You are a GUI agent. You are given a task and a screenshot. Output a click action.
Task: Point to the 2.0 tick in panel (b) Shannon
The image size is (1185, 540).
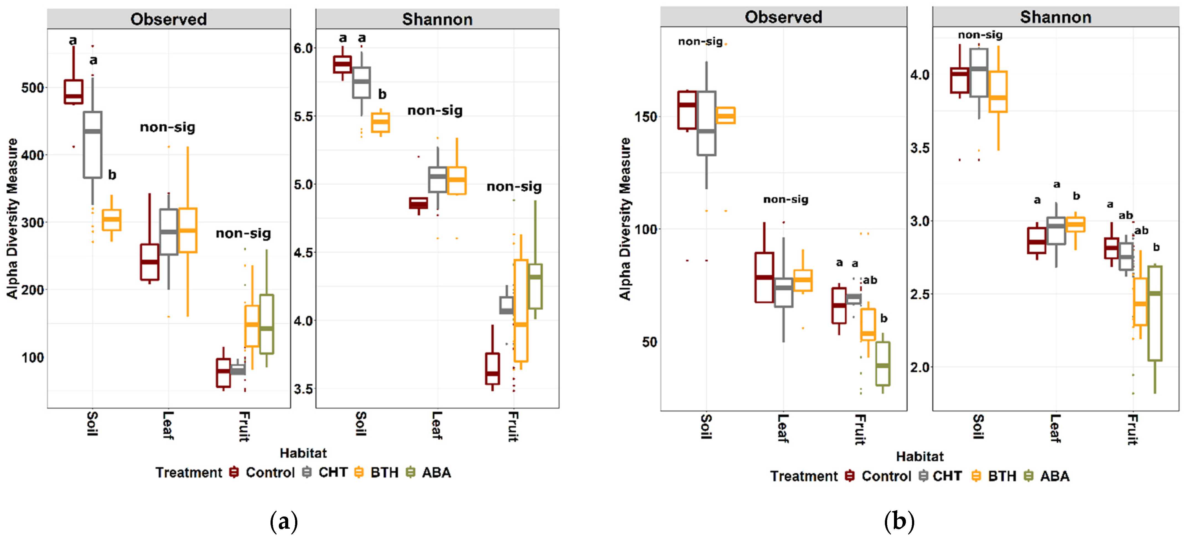coord(919,367)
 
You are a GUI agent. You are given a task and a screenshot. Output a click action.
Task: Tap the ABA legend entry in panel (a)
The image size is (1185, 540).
coord(436,472)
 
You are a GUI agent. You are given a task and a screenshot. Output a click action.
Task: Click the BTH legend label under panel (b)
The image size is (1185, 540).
coord(1002,476)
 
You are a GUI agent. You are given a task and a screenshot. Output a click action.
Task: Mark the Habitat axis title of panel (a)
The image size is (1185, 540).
coord(303,453)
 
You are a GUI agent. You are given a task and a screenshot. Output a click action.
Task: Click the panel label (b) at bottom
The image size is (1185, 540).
coord(899,521)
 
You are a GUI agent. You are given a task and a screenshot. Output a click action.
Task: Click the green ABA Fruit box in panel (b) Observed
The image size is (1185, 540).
coord(882,363)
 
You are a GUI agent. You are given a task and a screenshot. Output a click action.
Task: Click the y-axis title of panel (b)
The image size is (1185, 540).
coord(625,219)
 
